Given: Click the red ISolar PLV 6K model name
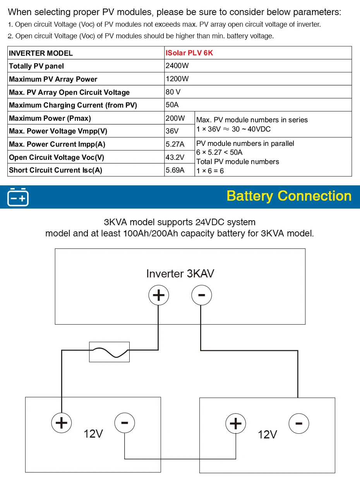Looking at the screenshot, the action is [x=189, y=53].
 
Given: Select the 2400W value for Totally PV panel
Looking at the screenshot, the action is [x=177, y=65].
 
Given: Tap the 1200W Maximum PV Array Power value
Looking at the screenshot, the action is [x=177, y=79].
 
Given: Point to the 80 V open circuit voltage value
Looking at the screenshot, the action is [x=173, y=92].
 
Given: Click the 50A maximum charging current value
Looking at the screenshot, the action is [x=172, y=105].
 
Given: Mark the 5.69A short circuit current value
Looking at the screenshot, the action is [x=175, y=170].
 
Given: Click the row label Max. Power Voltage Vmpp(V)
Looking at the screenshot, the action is [x=58, y=131].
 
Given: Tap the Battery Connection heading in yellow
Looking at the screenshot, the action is [x=289, y=196].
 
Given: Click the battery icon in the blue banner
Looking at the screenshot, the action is [x=18, y=197].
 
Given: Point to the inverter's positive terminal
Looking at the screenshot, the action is [x=159, y=295].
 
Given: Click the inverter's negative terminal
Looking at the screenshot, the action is [x=202, y=295].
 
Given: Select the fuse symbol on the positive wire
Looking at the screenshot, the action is [x=110, y=352].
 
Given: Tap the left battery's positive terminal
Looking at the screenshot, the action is [x=62, y=423].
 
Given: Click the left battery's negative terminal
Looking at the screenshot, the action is [x=125, y=423].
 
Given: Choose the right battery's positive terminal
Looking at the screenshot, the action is [x=236, y=424].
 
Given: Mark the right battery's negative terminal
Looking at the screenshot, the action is [x=299, y=424].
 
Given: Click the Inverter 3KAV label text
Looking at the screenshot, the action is [x=180, y=274].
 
